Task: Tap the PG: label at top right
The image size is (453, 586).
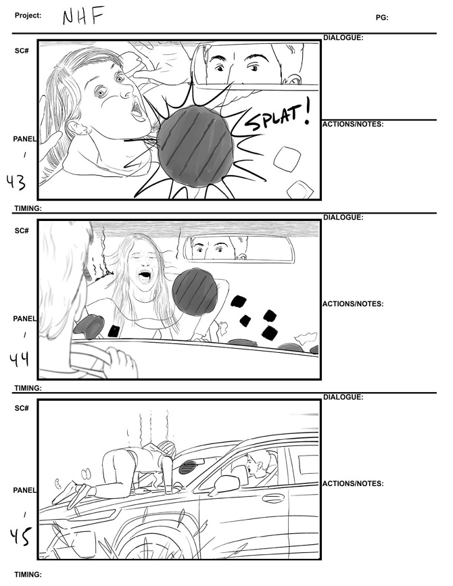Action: coord(382,18)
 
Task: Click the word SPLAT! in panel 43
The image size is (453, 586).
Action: coord(276,119)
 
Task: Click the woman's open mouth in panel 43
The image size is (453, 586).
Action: coord(138,109)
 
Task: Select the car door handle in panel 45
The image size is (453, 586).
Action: coord(273,499)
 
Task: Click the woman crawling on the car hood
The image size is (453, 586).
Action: coord(135,466)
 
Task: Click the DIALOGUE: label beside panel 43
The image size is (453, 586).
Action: coord(343,38)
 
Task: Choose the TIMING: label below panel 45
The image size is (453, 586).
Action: coord(28,575)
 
